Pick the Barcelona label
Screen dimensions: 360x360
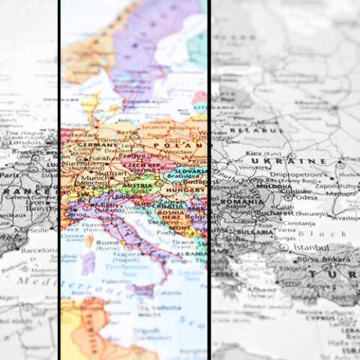click(37, 250)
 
